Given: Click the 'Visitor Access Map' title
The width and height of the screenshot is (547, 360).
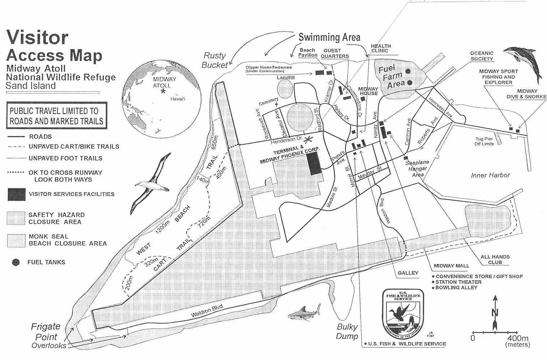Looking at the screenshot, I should (54, 46).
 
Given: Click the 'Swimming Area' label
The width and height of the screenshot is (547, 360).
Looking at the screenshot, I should (329, 37).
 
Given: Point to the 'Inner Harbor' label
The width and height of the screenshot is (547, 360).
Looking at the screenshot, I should (490, 175).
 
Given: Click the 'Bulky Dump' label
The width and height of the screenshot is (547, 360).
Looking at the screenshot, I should (347, 331).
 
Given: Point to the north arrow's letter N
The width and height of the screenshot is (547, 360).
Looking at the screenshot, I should (495, 313).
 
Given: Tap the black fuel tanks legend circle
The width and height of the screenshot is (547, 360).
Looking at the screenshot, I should (16, 262).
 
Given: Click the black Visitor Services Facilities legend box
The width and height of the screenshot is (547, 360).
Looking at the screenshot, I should (16, 194).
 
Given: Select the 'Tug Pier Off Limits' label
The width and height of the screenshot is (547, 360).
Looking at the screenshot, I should (484, 141).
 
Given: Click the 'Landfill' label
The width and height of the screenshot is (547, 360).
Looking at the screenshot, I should (285, 78).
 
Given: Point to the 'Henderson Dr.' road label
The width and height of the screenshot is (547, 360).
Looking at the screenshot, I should (286, 139).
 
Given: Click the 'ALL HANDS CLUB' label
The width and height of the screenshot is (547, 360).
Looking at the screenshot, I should (495, 260).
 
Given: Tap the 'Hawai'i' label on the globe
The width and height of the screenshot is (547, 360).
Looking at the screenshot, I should (178, 99).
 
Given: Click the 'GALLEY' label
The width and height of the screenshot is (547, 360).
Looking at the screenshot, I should (408, 273).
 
